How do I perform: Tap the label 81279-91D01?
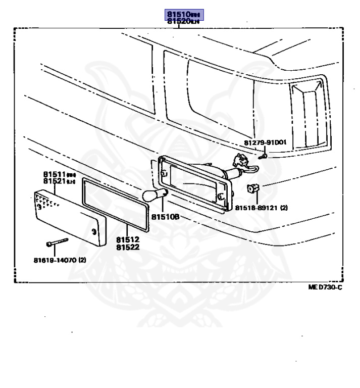265,142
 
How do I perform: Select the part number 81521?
56,181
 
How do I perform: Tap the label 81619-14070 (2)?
60,261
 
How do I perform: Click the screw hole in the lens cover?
93,232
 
